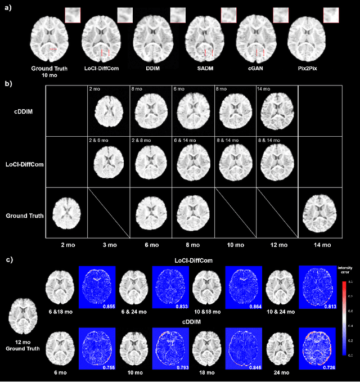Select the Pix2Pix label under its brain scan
307,69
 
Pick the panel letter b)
8,83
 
